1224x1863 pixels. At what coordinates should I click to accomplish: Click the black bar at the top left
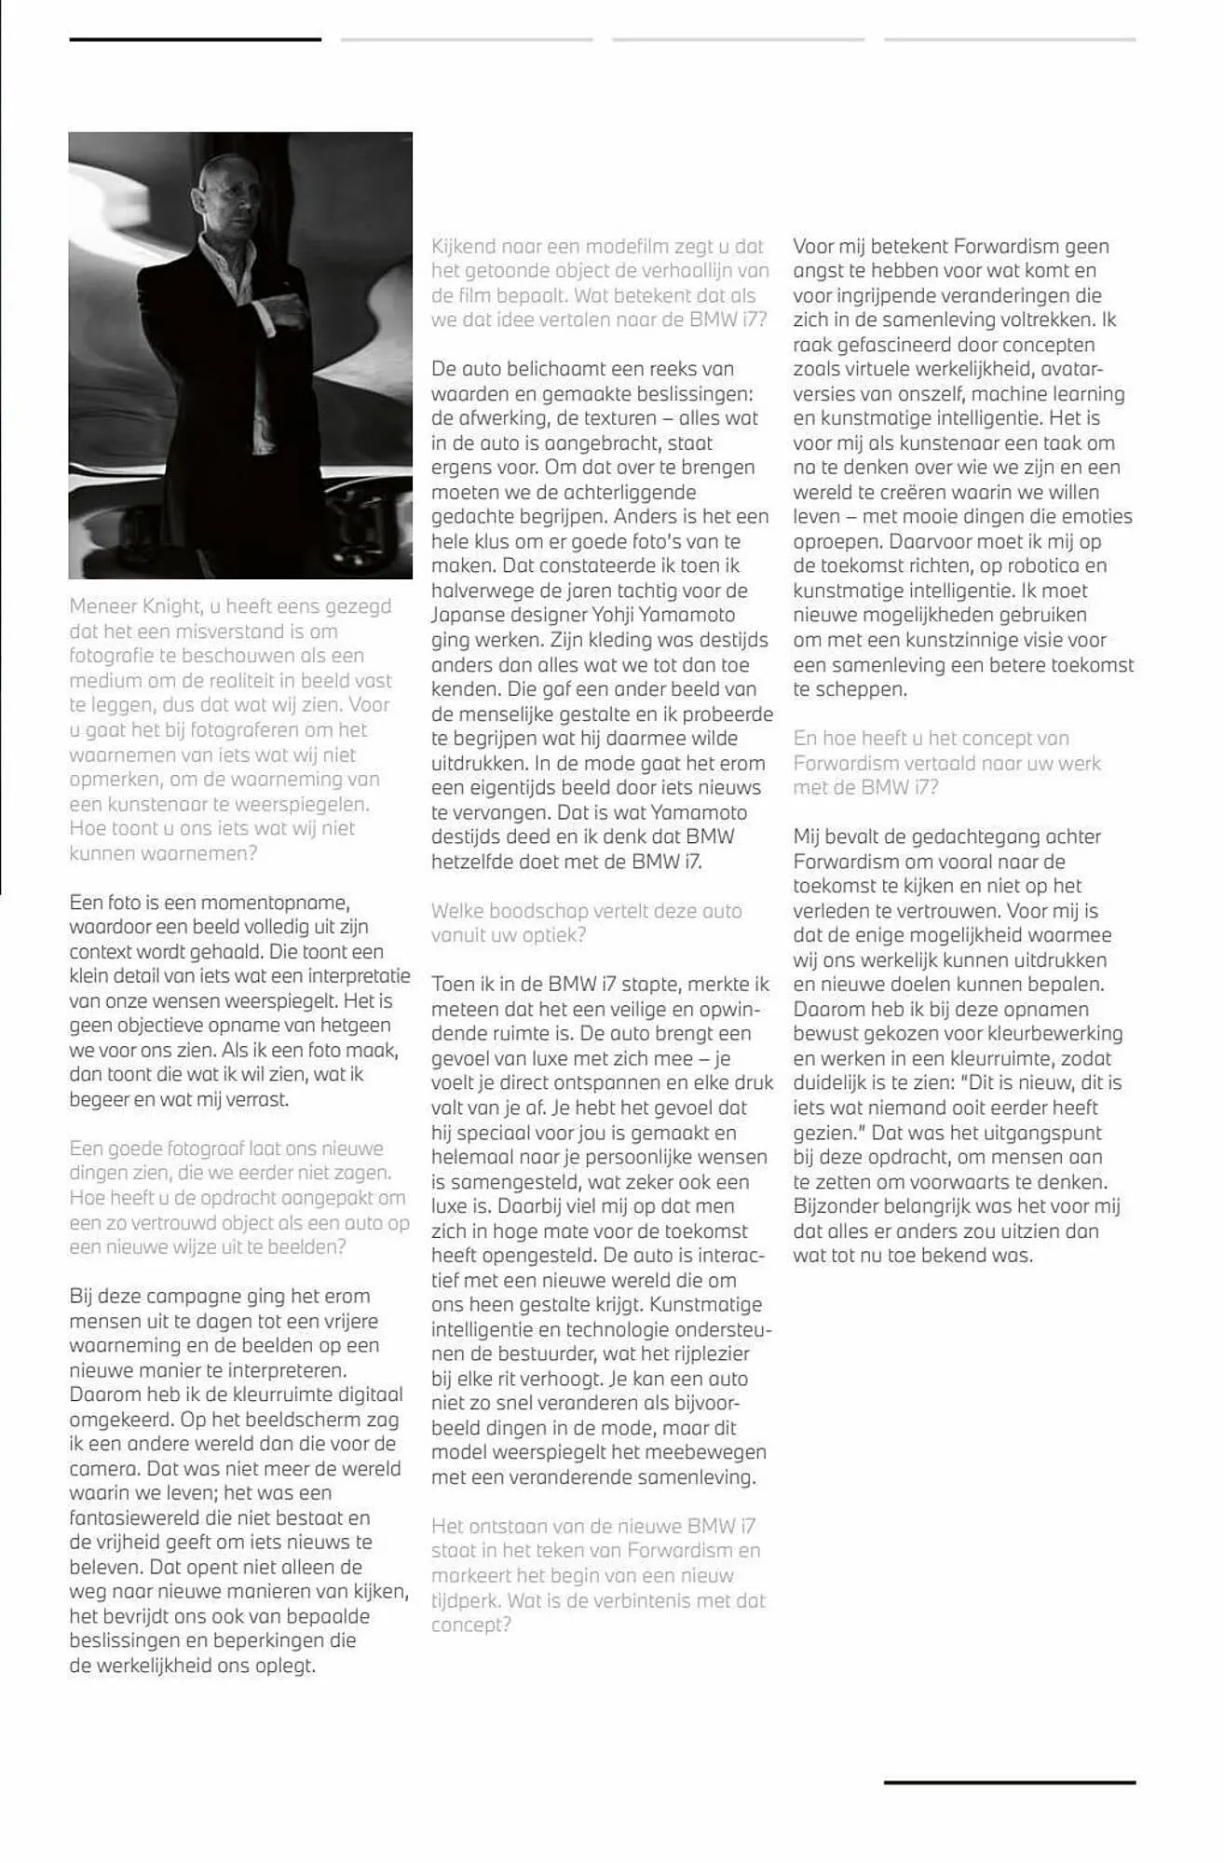pyautogui.click(x=195, y=39)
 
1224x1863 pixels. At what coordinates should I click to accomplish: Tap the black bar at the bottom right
pyautogui.click(x=1009, y=1782)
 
